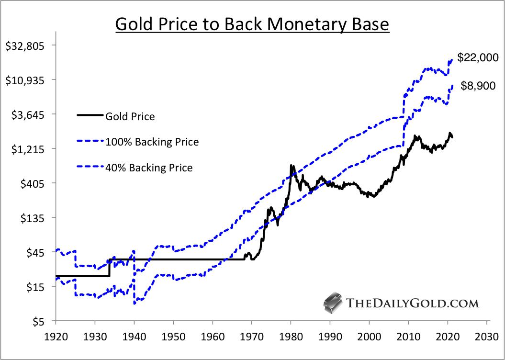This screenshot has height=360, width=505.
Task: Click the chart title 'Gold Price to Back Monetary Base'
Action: click(x=253, y=24)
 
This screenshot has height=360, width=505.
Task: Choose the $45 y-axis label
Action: click(x=34, y=253)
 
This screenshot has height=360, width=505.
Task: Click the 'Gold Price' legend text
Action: click(x=130, y=116)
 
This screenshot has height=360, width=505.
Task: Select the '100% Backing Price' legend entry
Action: click(x=152, y=142)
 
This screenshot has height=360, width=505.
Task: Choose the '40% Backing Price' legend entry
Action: click(x=149, y=168)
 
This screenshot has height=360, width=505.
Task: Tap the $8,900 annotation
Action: click(x=478, y=86)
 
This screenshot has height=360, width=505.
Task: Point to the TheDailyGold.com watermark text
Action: click(x=412, y=303)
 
